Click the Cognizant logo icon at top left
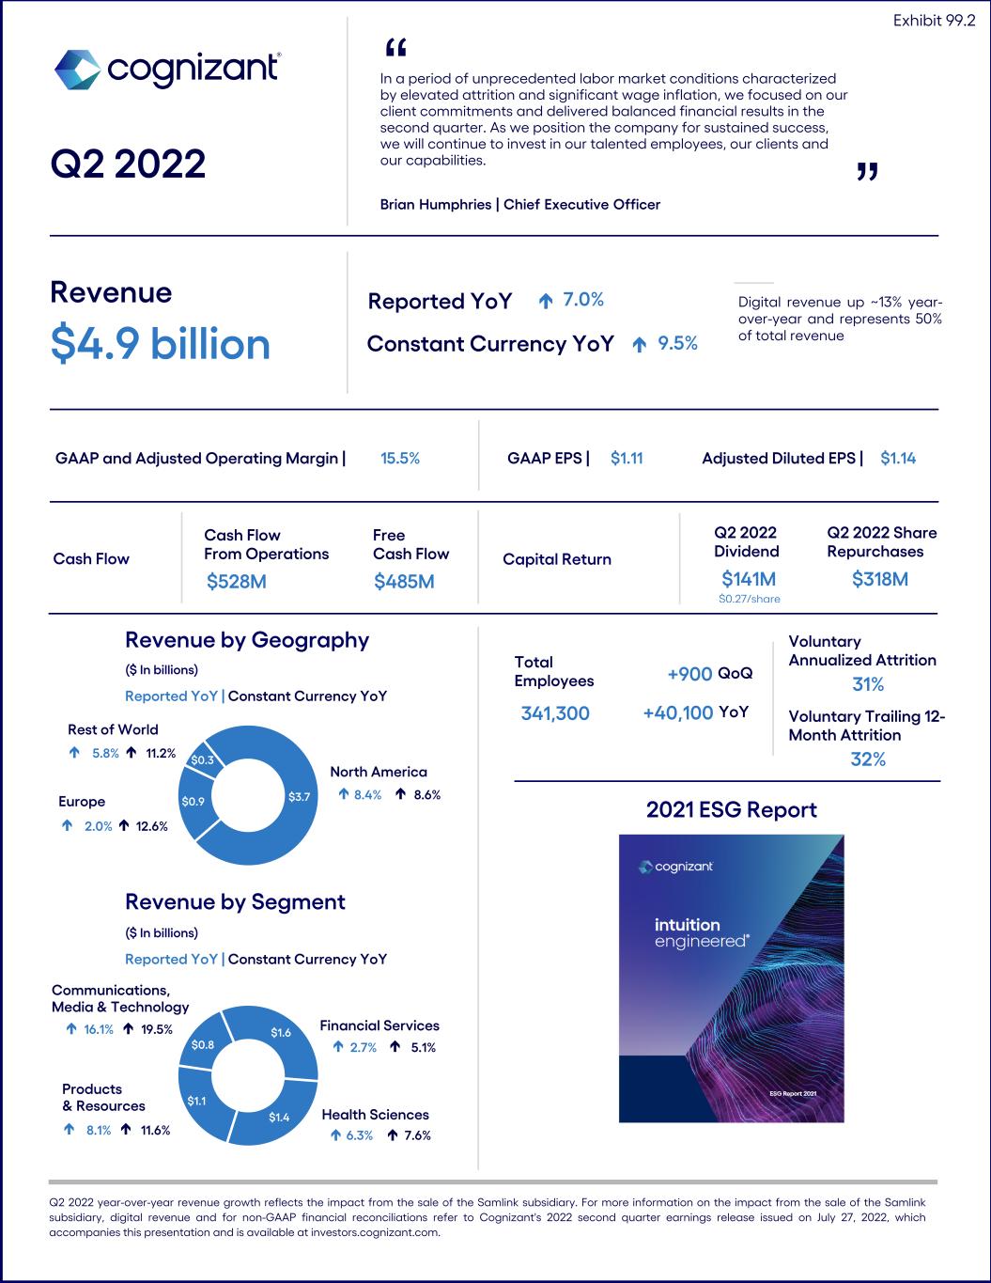click(76, 70)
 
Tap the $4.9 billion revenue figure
click(160, 344)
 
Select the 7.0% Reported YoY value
click(582, 300)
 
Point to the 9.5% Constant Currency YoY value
click(677, 344)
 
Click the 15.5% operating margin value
click(400, 459)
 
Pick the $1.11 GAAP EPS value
click(627, 459)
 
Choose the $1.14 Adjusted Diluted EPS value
click(898, 459)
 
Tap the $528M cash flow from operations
click(237, 582)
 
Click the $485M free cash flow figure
click(404, 582)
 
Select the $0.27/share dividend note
click(749, 599)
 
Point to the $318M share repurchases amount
click(880, 579)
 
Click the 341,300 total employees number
click(555, 713)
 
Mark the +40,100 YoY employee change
click(677, 713)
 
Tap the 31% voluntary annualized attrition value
click(867, 684)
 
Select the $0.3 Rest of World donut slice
click(202, 759)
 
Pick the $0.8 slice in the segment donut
click(203, 1044)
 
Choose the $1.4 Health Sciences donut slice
click(279, 1117)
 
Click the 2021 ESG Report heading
click(731, 810)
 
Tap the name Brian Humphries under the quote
click(436, 204)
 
